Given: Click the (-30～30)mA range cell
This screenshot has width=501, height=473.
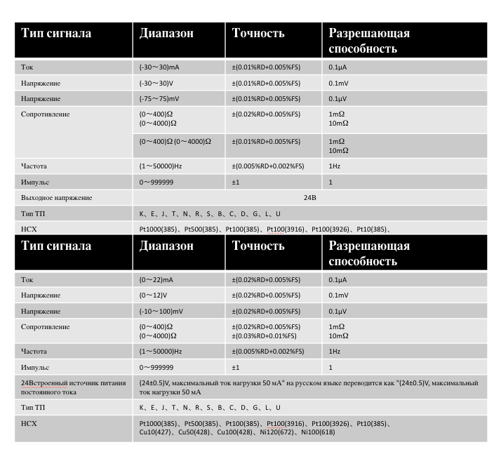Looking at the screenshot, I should (159, 67).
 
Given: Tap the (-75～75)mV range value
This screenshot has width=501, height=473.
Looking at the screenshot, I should (159, 98).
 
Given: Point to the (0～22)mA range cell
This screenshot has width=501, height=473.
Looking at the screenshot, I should (156, 279).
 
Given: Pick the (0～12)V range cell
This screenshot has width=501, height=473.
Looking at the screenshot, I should (153, 295).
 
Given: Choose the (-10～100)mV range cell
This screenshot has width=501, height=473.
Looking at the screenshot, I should (161, 311).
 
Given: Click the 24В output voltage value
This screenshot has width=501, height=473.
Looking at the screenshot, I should (310, 197).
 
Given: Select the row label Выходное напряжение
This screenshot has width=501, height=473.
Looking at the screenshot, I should (57, 197).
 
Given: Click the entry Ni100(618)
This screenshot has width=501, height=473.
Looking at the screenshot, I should (317, 432).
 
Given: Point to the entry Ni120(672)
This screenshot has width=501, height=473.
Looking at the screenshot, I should (276, 432).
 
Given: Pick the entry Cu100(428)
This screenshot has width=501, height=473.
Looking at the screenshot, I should (236, 432).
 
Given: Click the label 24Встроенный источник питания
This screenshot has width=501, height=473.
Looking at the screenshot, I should (74, 382).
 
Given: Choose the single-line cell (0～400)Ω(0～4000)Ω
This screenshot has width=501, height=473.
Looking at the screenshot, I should (175, 141).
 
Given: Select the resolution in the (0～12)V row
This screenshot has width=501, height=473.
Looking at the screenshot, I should (338, 295).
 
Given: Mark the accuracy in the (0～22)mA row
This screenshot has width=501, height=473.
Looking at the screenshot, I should (266, 279).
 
